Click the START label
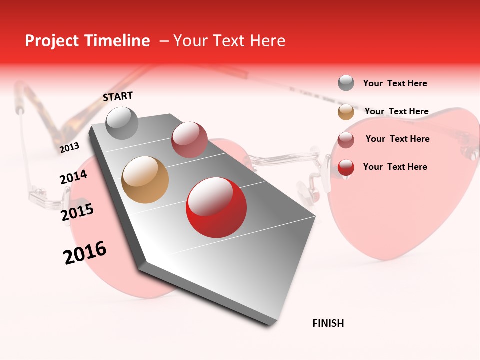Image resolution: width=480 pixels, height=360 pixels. point(118,96)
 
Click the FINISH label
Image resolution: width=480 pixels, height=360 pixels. point(328,323)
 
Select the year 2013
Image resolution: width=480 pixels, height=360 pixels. point(70,147)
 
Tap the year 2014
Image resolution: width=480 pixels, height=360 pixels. point(73,177)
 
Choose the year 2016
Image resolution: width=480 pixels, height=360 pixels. point(85,252)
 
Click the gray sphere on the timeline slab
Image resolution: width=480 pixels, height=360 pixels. point(122,123)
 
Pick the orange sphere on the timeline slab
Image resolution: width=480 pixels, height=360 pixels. point(145,180)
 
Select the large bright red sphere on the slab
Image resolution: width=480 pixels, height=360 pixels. point(216,207)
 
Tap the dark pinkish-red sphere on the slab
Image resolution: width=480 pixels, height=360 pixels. point(189,139)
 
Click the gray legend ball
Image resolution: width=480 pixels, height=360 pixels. point(346,83)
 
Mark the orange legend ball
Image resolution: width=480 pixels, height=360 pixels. point(346,112)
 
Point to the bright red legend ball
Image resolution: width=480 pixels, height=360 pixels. point(346,167)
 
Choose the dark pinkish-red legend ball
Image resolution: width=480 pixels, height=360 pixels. point(346,140)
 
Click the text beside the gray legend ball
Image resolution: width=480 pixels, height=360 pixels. point(395,83)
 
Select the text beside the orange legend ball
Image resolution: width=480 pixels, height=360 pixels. point(396,111)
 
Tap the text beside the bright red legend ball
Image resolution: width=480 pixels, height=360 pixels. point(395,167)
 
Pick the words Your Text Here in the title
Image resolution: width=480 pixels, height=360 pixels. point(229,41)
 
